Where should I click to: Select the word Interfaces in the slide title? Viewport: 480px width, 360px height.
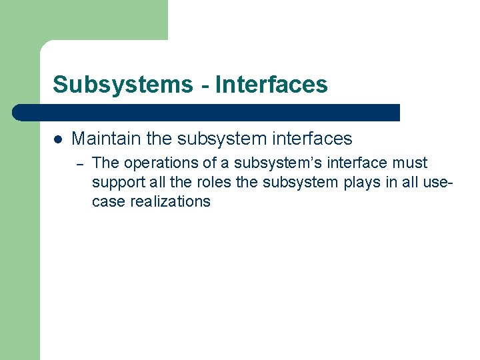[x=271, y=85]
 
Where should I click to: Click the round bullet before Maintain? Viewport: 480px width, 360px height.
[x=58, y=139]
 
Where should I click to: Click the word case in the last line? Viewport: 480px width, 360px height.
[x=106, y=202]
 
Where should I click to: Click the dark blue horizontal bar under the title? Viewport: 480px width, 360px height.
[x=207, y=112]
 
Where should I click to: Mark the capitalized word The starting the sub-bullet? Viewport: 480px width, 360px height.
[x=104, y=163]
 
